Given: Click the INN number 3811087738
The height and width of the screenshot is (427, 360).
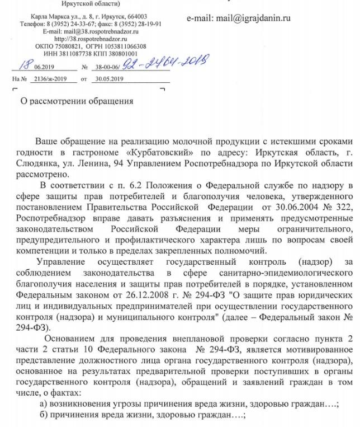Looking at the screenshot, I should click(78, 54).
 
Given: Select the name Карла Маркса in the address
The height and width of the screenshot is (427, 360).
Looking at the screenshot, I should click(50, 17).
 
